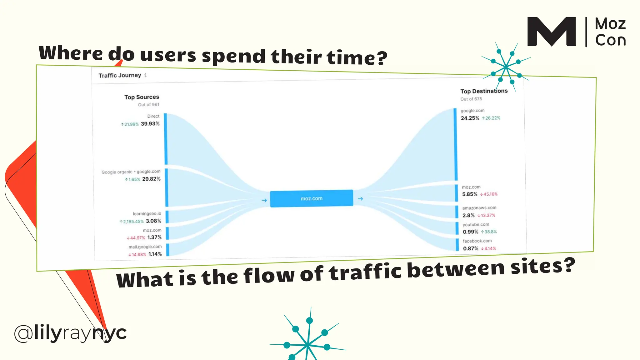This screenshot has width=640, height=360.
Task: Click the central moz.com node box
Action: [312, 198]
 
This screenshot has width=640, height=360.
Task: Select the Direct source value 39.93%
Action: [150, 124]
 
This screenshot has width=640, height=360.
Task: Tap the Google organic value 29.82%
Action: [151, 179]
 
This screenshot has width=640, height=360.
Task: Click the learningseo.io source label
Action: [147, 214]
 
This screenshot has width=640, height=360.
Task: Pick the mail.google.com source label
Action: [145, 247]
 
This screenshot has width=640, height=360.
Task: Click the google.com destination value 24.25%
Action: [470, 118]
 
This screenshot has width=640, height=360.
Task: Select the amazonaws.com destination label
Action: [479, 208]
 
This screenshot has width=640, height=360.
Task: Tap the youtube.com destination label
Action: [476, 225]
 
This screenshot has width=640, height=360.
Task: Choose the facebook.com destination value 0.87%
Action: [471, 248]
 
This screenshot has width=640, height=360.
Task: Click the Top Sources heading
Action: [142, 97]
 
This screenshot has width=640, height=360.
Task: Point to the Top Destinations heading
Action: [484, 91]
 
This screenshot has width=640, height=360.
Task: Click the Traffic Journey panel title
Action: [120, 75]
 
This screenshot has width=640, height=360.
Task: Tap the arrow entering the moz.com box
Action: [264, 200]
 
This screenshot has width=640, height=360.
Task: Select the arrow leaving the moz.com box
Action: [360, 199]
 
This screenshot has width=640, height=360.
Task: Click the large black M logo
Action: [551, 32]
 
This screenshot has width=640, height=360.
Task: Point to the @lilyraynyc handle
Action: [70, 333]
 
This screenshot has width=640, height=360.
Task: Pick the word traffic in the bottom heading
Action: [365, 272]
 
